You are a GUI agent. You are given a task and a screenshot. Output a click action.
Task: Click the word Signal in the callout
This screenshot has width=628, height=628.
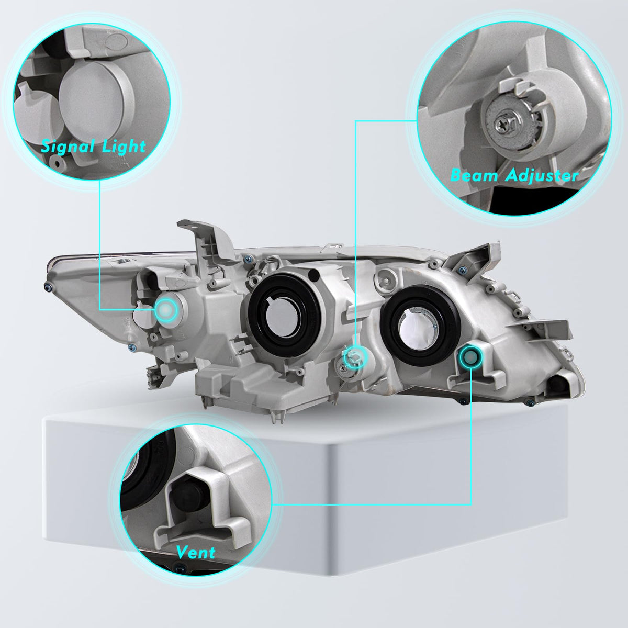pyautogui.click(x=68, y=147)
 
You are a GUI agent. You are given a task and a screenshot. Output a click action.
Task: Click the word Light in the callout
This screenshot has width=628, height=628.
pyautogui.click(x=124, y=147)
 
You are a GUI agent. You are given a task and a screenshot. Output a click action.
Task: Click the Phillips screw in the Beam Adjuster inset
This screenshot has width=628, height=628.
pyautogui.click(x=504, y=124)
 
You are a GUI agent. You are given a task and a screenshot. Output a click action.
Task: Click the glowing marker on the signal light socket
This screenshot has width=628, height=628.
pyautogui.click(x=166, y=310)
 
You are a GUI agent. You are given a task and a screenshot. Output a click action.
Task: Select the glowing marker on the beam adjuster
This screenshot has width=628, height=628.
pyautogui.click(x=356, y=356)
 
